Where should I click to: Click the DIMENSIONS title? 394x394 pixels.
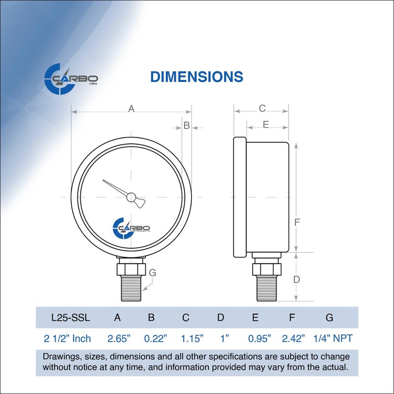click(197, 77)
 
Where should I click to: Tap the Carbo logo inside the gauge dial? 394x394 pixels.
click(131, 228)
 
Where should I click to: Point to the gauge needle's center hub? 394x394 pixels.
click(131, 197)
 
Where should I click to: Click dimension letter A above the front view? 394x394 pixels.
click(131, 109)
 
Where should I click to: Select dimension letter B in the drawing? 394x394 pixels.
click(187, 126)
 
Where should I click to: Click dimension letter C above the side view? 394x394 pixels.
click(262, 108)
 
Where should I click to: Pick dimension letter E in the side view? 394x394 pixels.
click(265, 125)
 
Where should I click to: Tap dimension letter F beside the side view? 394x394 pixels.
click(297, 222)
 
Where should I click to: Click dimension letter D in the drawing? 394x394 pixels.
click(296, 279)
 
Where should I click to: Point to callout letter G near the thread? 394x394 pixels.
click(152, 272)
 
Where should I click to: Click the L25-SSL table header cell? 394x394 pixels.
click(70, 318)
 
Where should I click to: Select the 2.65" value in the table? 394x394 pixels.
click(119, 338)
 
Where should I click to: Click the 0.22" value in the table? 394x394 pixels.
click(156, 338)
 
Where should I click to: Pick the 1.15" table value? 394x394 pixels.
click(189, 338)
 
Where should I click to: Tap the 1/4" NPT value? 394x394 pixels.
click(333, 338)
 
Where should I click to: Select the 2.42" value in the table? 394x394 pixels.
click(294, 338)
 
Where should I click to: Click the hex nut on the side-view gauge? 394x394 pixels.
click(266, 269)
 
